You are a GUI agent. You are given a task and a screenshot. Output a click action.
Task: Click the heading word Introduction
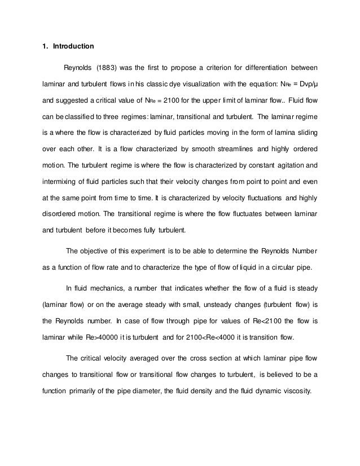(x=73, y=46)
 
